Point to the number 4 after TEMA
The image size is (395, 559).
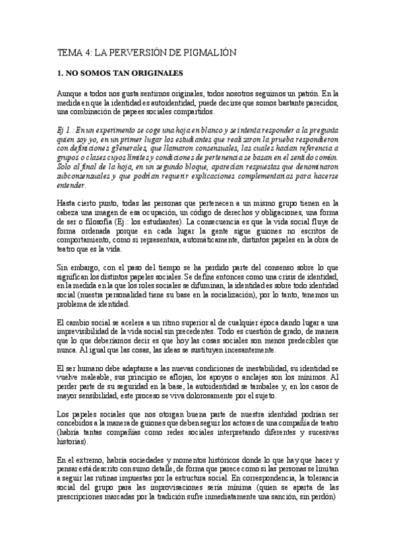(81, 51)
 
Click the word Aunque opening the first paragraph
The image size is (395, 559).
(69, 94)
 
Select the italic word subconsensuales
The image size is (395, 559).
(84, 177)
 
